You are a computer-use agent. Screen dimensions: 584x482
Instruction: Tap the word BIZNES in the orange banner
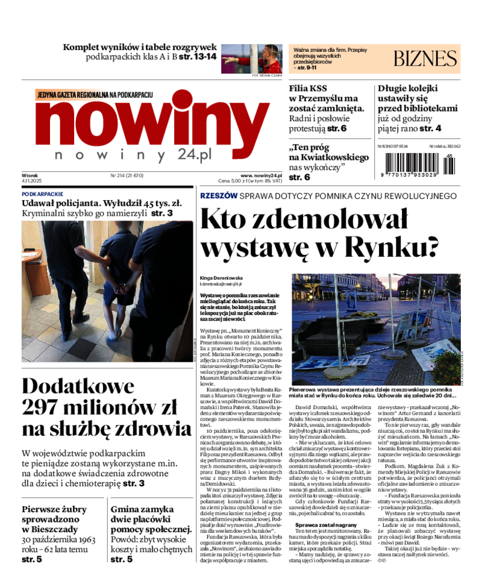(x=425, y=58)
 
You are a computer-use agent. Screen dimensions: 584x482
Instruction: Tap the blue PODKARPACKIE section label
(x=42, y=194)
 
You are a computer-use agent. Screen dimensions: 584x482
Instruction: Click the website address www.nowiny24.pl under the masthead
(x=261, y=175)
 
